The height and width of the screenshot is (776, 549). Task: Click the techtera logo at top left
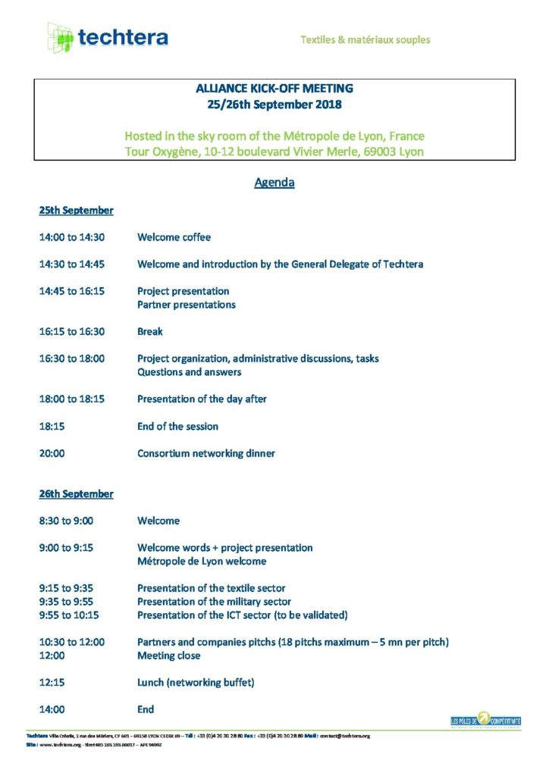(x=107, y=37)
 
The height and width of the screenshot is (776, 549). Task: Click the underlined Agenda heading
(x=274, y=183)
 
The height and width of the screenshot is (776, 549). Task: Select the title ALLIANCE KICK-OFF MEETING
(x=274, y=89)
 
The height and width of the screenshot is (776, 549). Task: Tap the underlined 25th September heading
(x=76, y=210)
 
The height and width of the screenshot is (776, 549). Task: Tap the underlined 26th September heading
(x=76, y=493)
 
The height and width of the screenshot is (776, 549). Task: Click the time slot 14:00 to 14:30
(x=72, y=237)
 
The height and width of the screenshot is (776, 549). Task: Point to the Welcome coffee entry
(x=174, y=237)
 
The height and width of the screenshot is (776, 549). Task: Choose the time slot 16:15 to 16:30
(x=72, y=331)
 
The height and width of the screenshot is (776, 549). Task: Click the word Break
(x=150, y=331)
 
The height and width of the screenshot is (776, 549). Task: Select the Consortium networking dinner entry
(x=205, y=453)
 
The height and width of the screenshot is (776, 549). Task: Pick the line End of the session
(x=177, y=426)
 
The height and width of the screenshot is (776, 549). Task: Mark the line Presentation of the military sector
(x=214, y=602)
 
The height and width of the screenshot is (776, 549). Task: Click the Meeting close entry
(x=168, y=656)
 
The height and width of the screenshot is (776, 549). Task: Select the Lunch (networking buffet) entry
(x=195, y=682)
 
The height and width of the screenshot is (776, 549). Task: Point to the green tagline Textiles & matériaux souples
(x=365, y=39)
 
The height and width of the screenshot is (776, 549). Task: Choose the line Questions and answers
(x=189, y=372)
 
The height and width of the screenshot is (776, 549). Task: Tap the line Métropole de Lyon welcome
(x=201, y=561)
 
